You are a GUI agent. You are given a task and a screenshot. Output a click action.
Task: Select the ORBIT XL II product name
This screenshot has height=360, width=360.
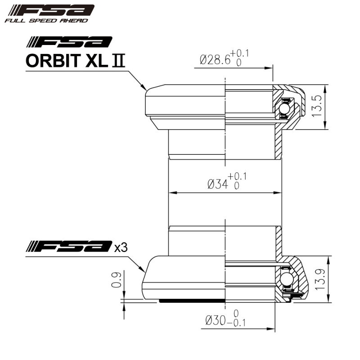75,61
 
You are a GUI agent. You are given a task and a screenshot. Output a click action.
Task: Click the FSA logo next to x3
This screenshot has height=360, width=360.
69,246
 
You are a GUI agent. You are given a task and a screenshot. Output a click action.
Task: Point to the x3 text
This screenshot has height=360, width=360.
120,247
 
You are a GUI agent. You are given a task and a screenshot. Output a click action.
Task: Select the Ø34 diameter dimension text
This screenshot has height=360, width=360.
217,184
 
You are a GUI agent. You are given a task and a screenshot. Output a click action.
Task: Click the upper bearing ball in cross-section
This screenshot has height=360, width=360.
284,109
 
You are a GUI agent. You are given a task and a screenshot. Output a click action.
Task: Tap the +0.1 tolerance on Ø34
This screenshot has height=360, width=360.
237,176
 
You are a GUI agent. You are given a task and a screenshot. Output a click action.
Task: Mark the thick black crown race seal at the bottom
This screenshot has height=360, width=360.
191,300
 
